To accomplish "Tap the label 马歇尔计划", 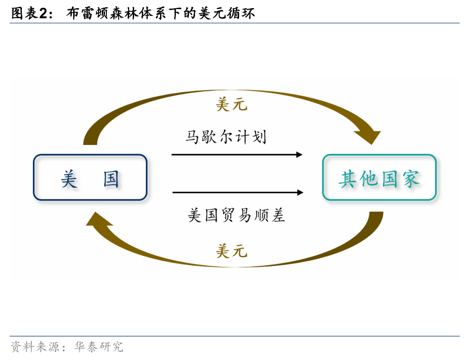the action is tap(226, 137).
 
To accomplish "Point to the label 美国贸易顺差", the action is tap(236, 215).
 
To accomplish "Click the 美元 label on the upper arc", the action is tap(231, 105).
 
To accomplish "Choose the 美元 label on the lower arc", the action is tap(231, 251).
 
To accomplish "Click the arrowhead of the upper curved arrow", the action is tap(368, 137).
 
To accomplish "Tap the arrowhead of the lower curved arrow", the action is tap(99, 219).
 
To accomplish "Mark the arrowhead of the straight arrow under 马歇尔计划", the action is tap(299, 155).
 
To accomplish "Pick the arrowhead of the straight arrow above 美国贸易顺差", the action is tap(300, 192).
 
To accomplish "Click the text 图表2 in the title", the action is tap(30, 13).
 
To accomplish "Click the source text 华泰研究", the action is tap(99, 346).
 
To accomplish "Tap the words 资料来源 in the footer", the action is tap(35, 346).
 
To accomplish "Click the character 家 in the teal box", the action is tap(411, 179).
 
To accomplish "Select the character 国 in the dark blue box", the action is tap(111, 179).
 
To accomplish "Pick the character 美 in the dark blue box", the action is tap(69, 179).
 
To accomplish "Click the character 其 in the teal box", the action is tap(347, 179).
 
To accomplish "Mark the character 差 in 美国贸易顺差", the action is tap(278, 215).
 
